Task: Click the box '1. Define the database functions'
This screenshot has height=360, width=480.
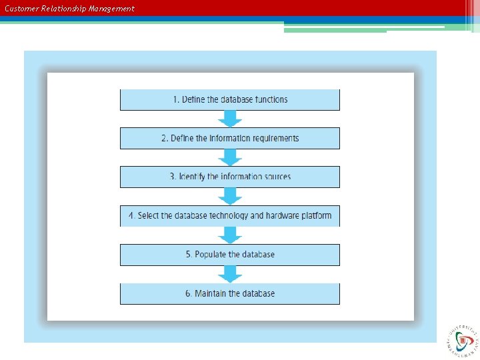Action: point(230,100)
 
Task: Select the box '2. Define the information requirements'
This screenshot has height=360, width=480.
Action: point(230,139)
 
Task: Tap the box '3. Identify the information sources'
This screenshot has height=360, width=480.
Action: point(230,177)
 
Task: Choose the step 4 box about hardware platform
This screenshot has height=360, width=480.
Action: point(230,216)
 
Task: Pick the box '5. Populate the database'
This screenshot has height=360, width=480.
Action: point(230,255)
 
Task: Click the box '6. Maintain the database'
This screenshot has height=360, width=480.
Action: point(230,293)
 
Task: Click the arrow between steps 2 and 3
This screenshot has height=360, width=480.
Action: point(230,158)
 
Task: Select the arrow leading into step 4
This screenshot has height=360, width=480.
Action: point(230,197)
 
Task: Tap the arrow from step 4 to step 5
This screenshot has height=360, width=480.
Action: point(230,235)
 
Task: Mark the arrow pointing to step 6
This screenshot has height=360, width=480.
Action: point(230,274)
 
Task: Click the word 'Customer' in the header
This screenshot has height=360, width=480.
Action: point(21,9)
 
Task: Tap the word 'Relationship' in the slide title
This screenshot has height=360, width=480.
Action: point(64,9)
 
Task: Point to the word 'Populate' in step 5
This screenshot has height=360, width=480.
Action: point(211,255)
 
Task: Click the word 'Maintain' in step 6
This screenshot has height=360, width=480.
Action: point(211,293)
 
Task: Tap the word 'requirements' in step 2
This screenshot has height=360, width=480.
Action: point(273,139)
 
